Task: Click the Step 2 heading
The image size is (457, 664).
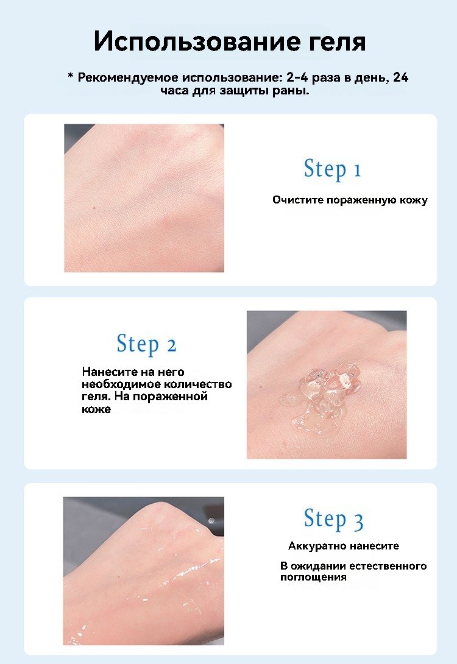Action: click(146, 344)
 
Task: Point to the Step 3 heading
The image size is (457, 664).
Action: click(333, 519)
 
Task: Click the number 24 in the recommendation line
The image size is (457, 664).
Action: click(401, 77)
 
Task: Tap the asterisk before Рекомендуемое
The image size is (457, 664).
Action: click(71, 76)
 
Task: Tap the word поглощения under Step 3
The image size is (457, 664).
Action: click(313, 577)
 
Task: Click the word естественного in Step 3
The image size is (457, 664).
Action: click(388, 566)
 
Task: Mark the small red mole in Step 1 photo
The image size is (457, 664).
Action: click(94, 208)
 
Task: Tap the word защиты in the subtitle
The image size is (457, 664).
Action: click(244, 91)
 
